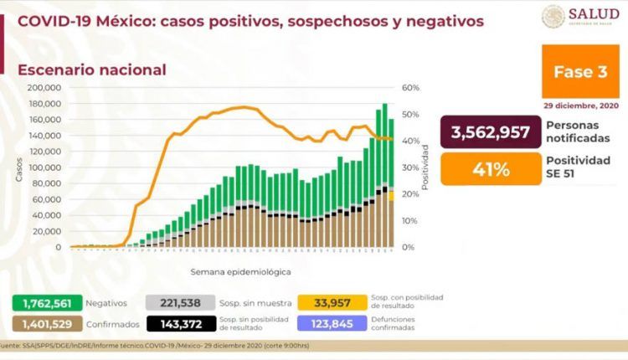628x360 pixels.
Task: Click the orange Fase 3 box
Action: [580, 72]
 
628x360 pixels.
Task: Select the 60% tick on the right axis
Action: [409, 87]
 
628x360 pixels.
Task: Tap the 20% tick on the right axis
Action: [409, 194]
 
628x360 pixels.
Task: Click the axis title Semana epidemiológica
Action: [229, 272]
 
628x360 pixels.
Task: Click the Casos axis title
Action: [18, 167]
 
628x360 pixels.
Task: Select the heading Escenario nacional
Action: [91, 70]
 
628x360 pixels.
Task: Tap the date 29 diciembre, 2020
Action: [580, 106]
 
